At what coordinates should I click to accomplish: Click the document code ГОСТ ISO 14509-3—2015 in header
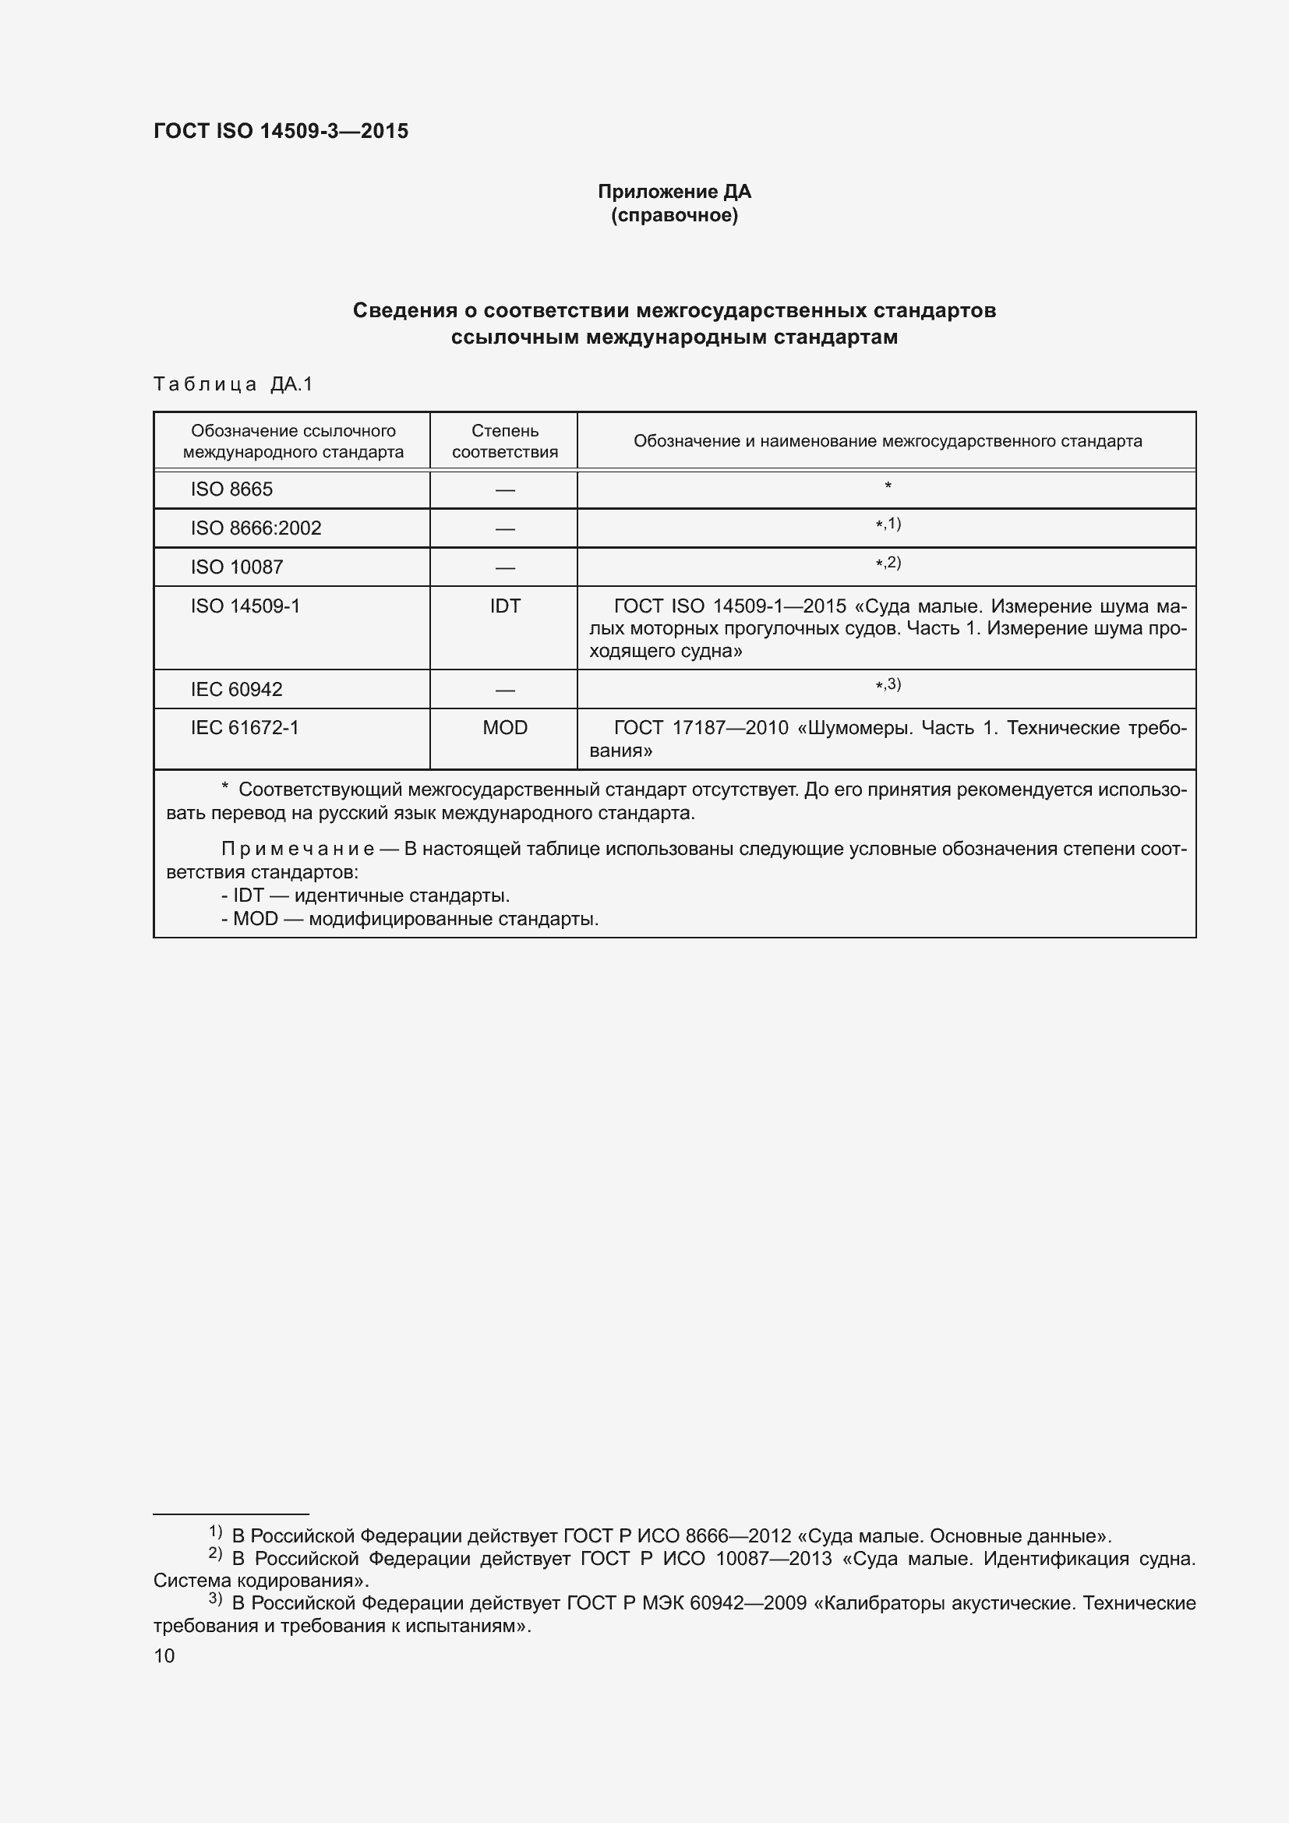[281, 131]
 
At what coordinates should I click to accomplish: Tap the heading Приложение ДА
[674, 192]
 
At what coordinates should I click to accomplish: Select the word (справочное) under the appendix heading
[674, 215]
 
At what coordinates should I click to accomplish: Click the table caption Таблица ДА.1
[232, 384]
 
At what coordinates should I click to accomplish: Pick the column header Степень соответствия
[505, 441]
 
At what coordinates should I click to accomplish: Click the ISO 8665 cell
[231, 489]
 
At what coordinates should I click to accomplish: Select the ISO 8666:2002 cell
[256, 528]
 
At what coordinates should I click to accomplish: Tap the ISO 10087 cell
[237, 567]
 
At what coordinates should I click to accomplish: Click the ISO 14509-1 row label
[245, 606]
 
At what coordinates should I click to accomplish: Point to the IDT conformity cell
[505, 606]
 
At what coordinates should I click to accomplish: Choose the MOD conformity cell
[505, 727]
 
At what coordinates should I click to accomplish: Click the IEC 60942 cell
[237, 689]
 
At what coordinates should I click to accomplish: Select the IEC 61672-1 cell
[245, 727]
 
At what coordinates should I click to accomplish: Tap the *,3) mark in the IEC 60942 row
[888, 684]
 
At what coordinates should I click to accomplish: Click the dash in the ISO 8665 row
[505, 490]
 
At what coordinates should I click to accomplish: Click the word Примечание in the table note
[298, 849]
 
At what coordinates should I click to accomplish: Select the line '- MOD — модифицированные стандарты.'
[410, 919]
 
